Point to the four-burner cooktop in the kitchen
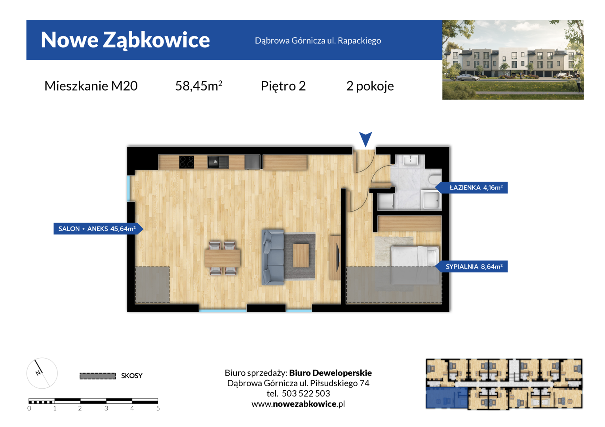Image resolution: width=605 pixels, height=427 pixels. [186, 162]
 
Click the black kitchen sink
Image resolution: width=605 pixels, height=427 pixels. [218, 162]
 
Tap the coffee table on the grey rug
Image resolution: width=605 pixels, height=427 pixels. [301, 255]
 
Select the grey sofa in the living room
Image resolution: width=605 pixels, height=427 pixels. [273, 257]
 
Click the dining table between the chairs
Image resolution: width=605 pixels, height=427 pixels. [222, 258]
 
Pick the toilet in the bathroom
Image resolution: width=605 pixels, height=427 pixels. [435, 179]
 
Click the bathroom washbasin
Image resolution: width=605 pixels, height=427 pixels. [410, 160]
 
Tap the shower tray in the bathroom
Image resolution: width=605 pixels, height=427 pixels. [431, 199]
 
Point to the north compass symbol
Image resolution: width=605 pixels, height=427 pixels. [42, 373]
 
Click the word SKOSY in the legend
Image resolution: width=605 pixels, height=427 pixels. [131, 376]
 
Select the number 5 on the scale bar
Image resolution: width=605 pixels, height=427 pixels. [158, 408]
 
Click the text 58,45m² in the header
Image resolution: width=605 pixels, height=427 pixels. [199, 86]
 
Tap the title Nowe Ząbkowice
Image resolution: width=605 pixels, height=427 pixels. [126, 40]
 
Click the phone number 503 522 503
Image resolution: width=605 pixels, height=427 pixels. [306, 393]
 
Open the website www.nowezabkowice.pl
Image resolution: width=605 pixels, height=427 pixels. [298, 404]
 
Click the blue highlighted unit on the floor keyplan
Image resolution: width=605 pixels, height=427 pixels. [447, 398]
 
